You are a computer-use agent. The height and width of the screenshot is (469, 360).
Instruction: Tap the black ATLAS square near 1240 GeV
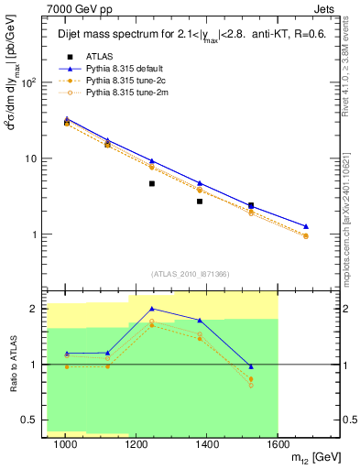pos(152,183)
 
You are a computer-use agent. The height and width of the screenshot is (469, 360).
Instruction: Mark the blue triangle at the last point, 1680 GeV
pos(306,226)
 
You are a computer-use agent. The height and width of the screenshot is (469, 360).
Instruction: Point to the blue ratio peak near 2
pos(152,309)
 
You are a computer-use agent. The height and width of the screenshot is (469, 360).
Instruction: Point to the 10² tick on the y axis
pos(27,83)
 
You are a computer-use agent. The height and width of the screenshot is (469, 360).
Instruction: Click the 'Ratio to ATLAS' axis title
pos(12,365)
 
